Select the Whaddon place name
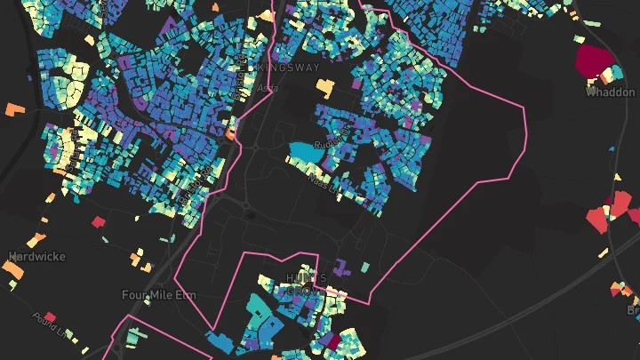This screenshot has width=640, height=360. [611, 92]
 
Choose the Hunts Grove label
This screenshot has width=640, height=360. [306, 284]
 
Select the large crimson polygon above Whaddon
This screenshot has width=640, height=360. [595, 60]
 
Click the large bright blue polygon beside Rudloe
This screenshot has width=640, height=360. [306, 153]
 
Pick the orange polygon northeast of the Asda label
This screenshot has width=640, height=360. [325, 88]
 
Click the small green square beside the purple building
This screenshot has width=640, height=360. [364, 267]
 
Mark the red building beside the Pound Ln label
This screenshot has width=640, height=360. [51, 316]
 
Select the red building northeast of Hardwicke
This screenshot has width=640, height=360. [98, 221]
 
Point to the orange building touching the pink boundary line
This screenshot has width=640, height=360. [230, 134]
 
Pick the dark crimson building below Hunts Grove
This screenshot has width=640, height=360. [329, 340]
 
